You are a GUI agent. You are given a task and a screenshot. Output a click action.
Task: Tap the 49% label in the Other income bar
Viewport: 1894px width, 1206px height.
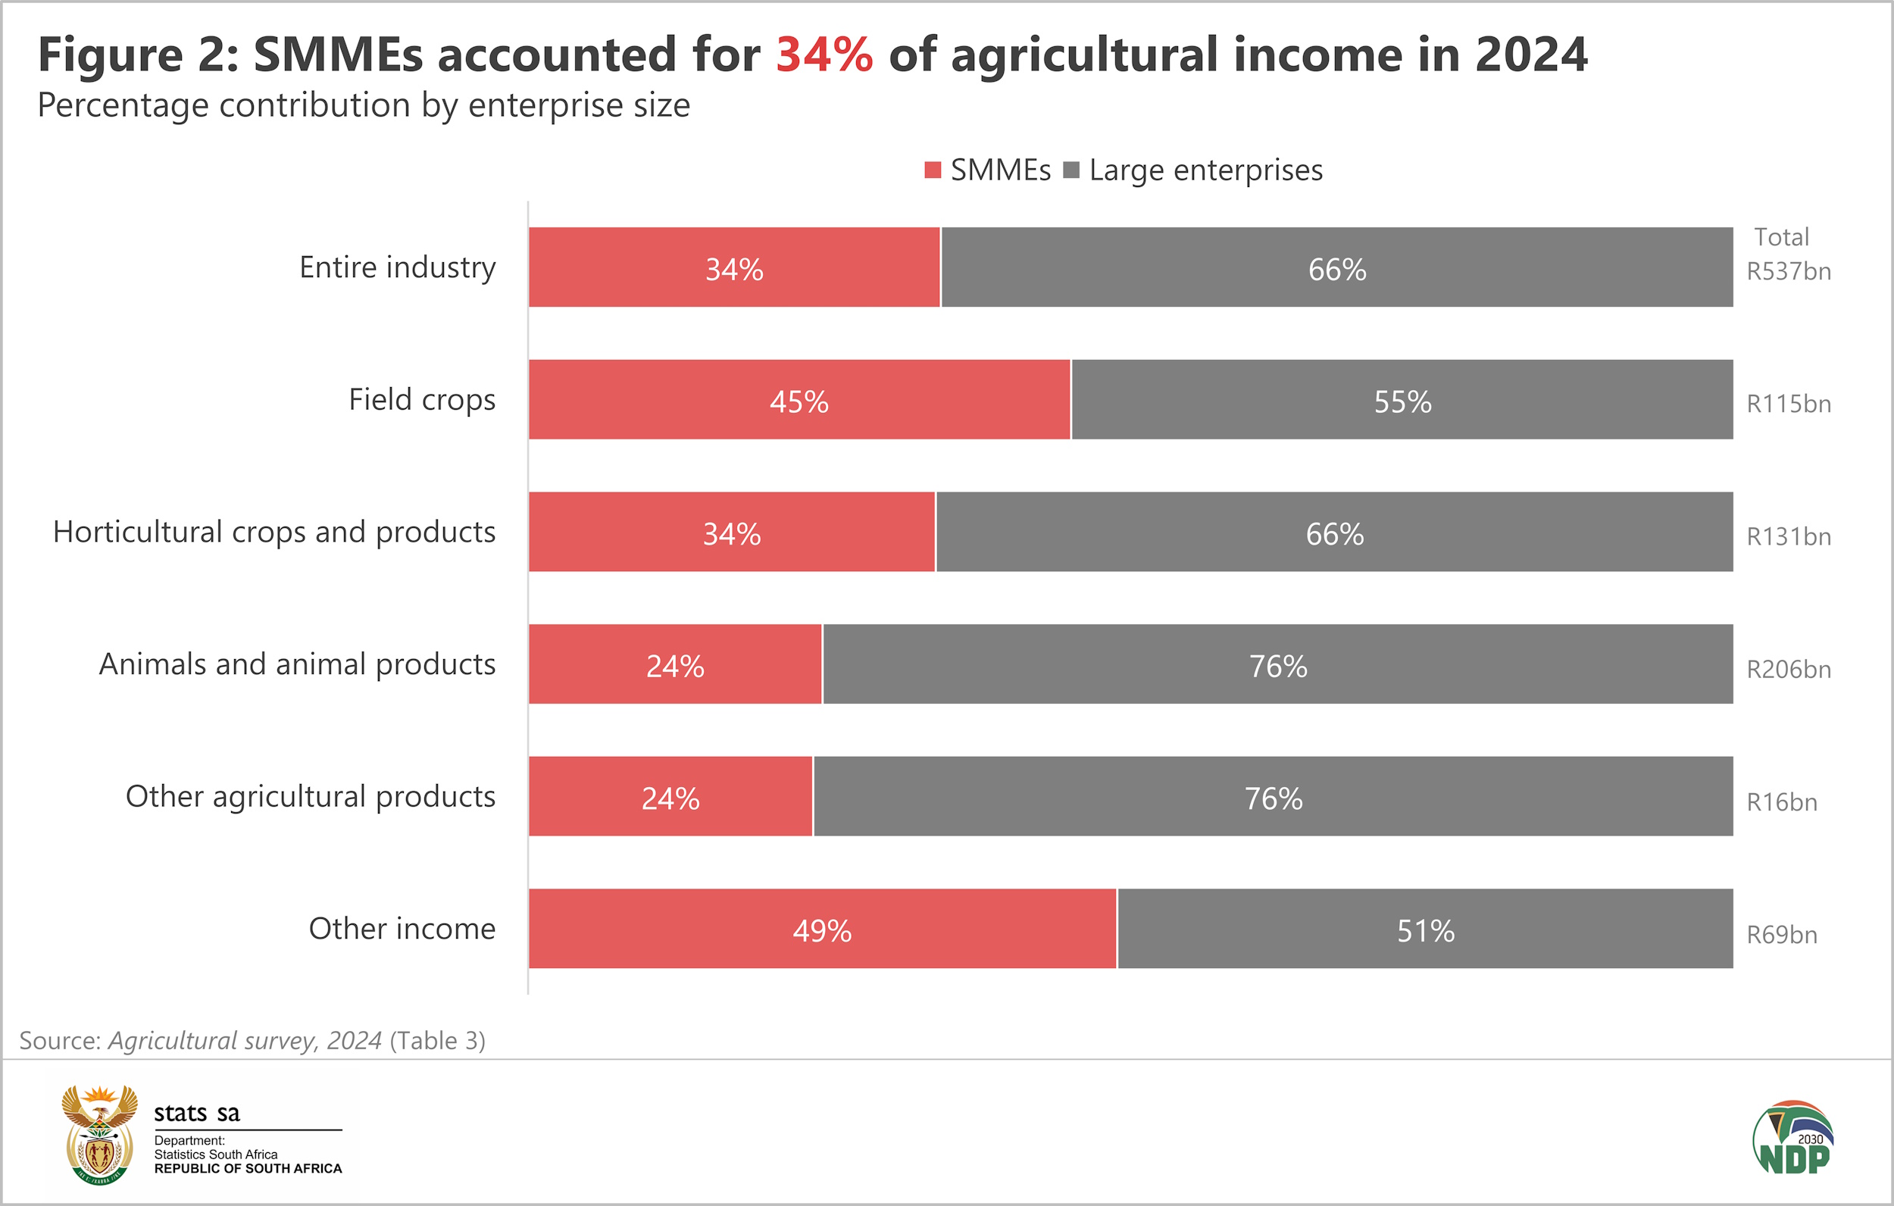(822, 932)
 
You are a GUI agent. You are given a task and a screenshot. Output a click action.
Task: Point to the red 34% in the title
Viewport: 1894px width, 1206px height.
(824, 55)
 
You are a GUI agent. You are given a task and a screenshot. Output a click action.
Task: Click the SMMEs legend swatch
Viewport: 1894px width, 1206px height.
(933, 170)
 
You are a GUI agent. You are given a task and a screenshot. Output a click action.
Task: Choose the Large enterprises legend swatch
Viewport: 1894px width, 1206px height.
(1071, 170)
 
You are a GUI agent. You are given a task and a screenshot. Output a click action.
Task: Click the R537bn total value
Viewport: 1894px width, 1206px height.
(1789, 271)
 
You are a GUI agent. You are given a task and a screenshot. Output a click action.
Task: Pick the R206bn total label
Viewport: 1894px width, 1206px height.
(1789, 670)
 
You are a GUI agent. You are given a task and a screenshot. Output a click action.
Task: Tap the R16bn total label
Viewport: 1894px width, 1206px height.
(1782, 802)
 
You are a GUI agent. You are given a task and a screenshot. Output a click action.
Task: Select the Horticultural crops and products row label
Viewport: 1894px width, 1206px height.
(273, 533)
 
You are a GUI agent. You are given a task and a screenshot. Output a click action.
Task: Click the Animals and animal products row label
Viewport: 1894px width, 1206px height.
(297, 665)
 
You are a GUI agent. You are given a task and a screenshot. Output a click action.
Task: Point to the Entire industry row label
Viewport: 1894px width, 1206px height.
(397, 267)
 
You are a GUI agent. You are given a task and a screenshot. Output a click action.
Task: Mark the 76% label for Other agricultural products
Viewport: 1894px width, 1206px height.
(1274, 799)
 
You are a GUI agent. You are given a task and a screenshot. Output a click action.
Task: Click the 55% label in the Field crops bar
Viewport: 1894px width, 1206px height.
(1402, 402)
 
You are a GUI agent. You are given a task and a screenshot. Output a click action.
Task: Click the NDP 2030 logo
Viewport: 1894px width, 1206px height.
(1793, 1139)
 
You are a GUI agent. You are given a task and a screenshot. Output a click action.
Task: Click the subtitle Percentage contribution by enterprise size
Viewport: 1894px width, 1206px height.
(364, 105)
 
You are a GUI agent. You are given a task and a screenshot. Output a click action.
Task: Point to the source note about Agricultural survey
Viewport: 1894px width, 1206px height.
(252, 1041)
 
